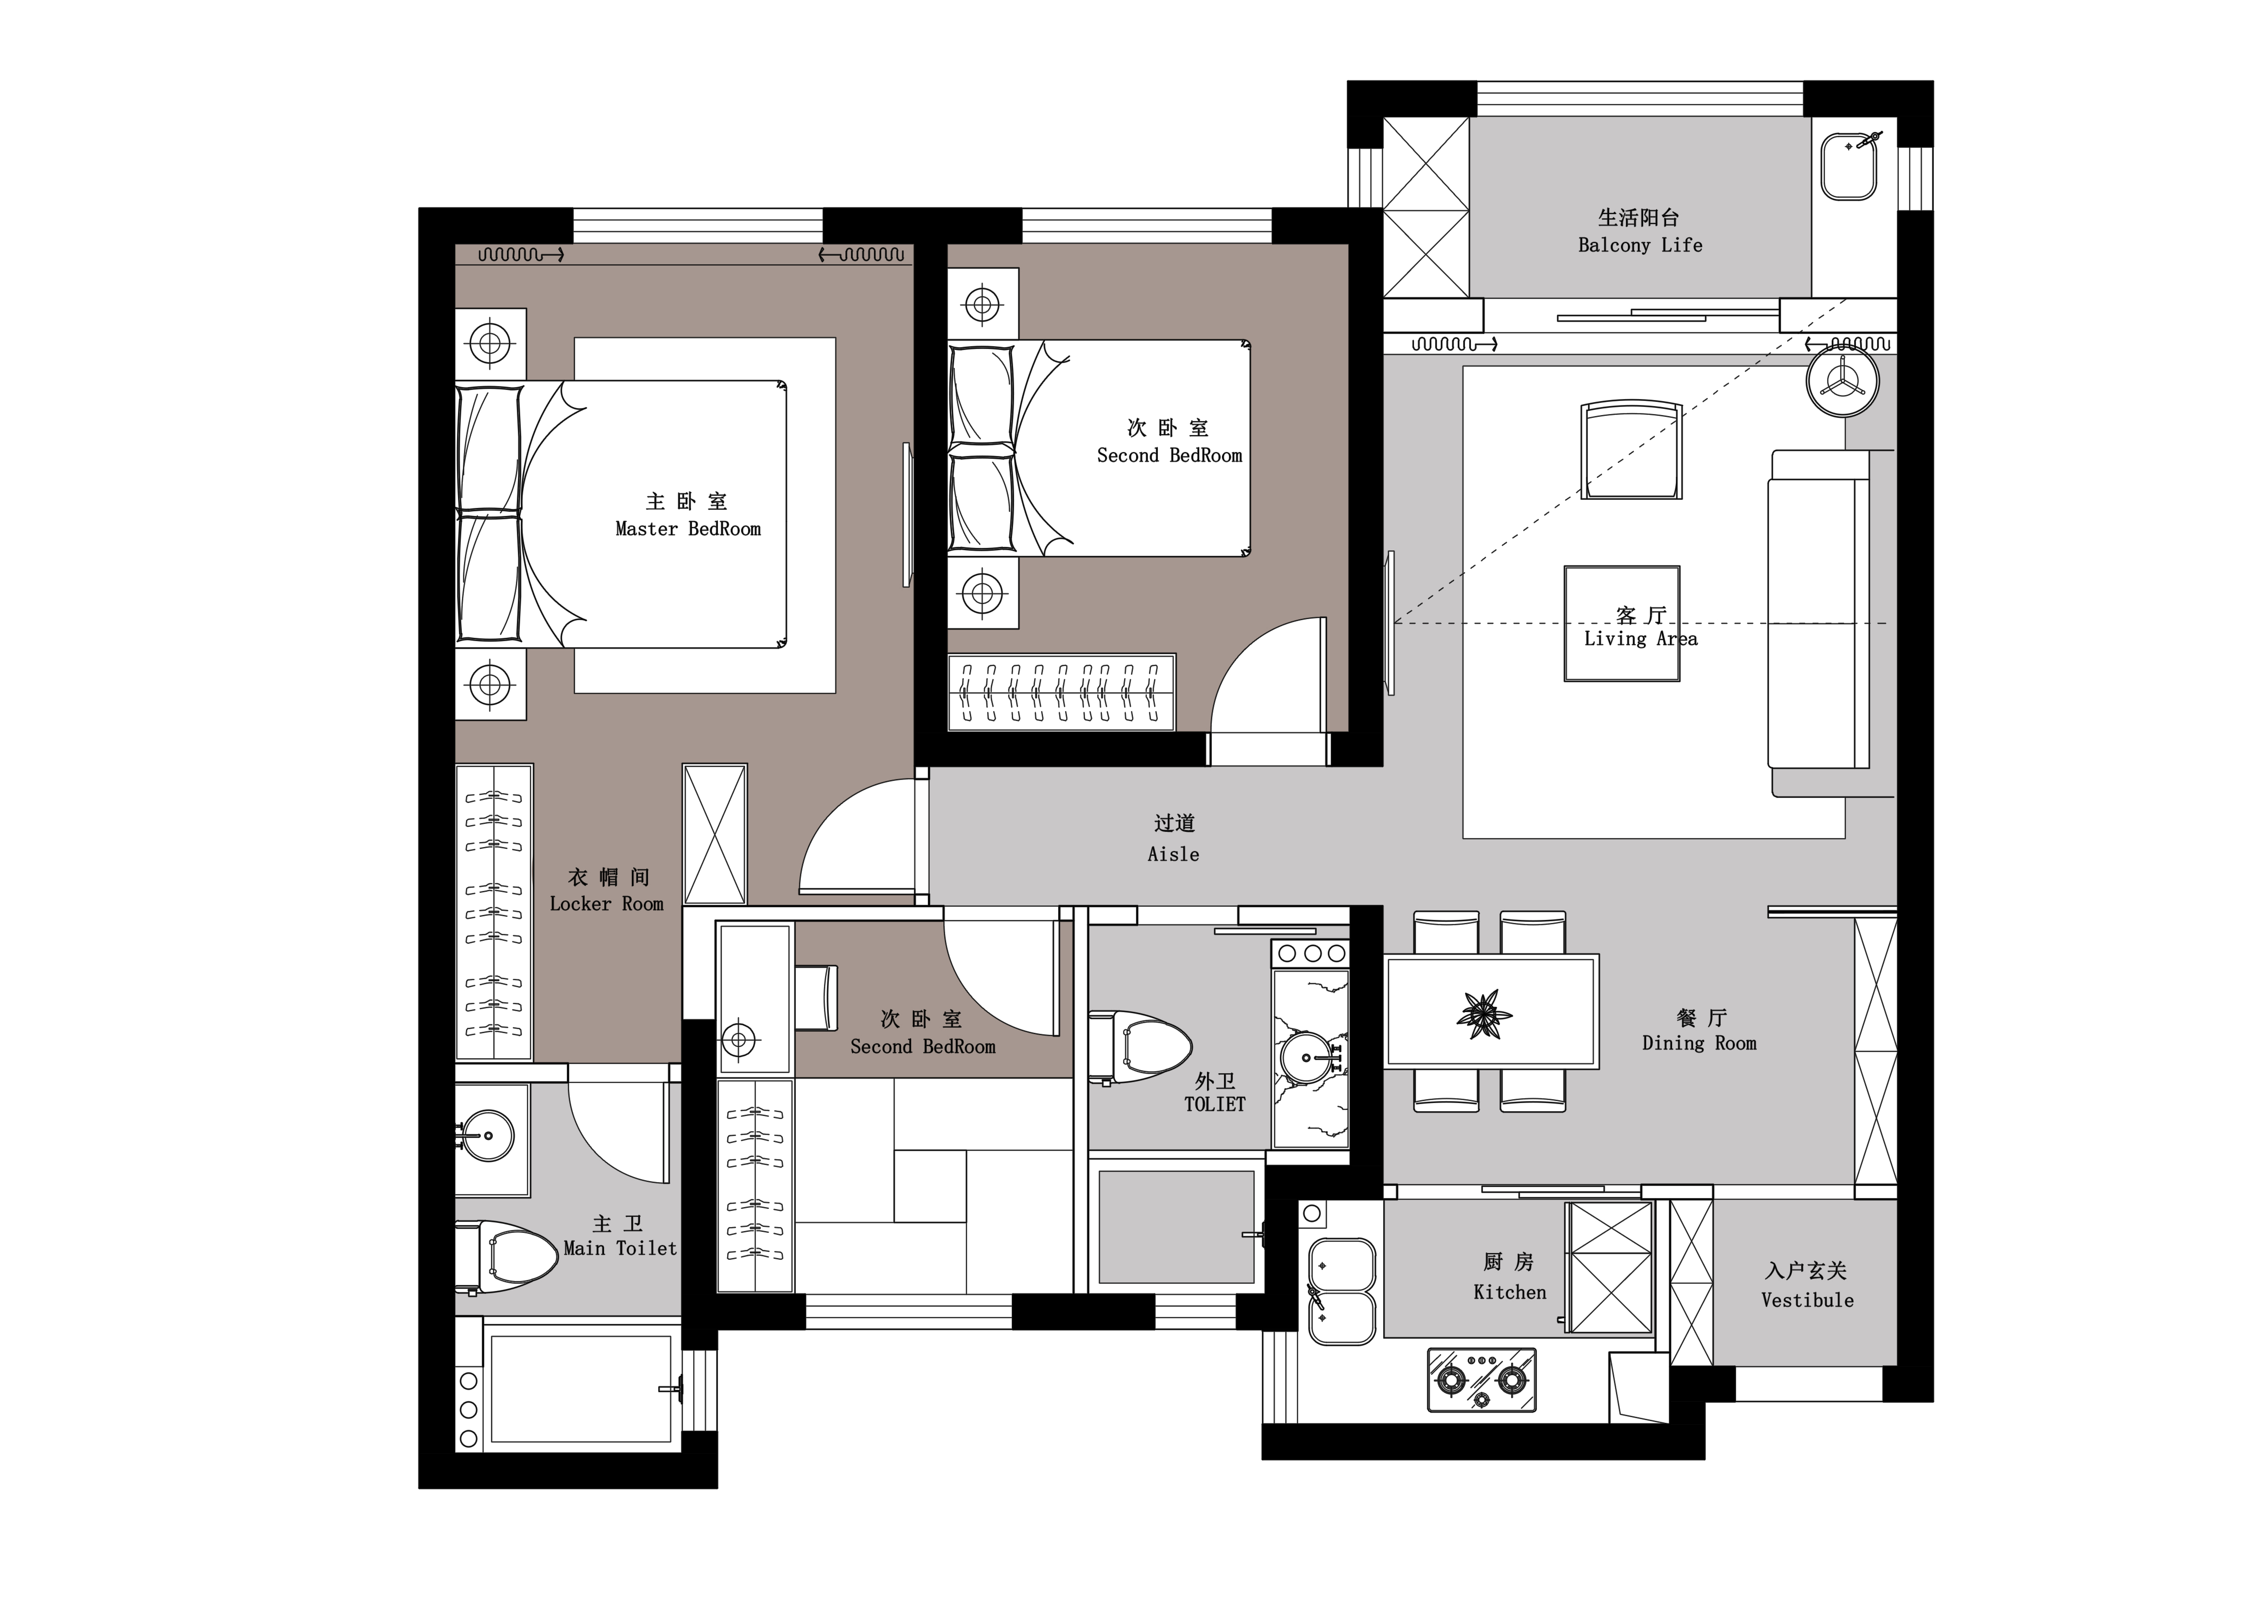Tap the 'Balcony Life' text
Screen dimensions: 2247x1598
point(1640,245)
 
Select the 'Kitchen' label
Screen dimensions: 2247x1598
point(1509,1292)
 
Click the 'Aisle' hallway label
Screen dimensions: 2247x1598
point(1173,854)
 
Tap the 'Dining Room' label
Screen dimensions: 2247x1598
point(1699,1043)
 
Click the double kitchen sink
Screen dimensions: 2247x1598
point(1342,1291)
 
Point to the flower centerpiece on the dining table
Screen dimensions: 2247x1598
point(1484,1015)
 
